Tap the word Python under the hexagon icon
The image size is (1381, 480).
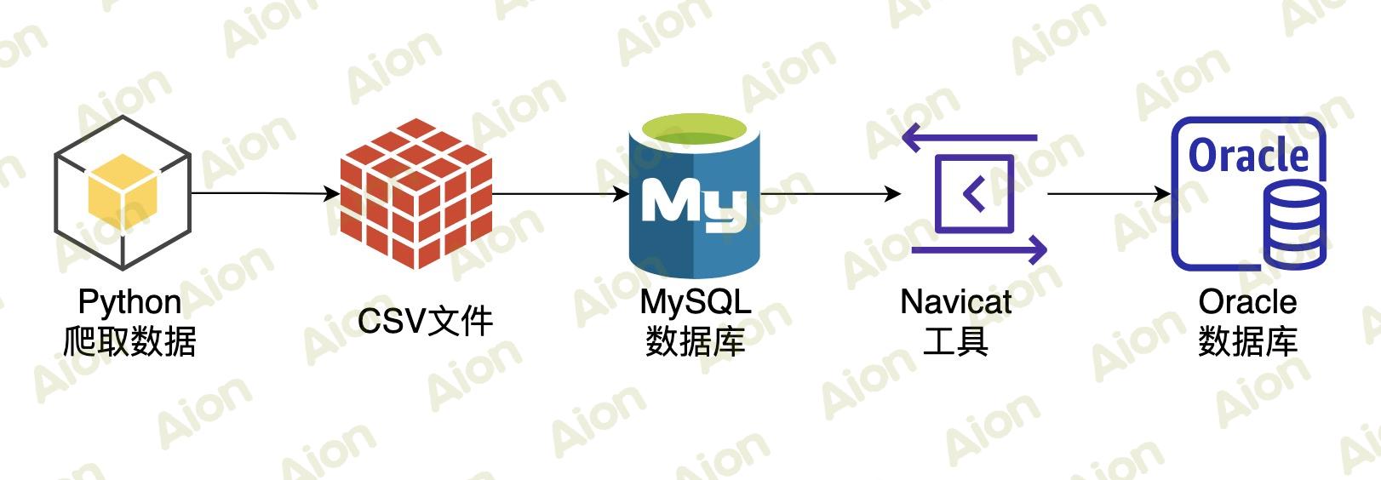pos(129,302)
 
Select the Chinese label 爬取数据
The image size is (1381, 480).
pos(129,341)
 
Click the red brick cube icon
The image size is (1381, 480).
pos(415,194)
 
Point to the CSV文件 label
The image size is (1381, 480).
pos(425,322)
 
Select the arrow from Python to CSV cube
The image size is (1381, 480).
pos(264,194)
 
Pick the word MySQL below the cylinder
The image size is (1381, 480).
pos(695,302)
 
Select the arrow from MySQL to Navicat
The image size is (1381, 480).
pos(830,194)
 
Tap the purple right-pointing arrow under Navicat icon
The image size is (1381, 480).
pos(979,250)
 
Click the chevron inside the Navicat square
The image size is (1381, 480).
pos(973,194)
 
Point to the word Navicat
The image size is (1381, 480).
pos(955,302)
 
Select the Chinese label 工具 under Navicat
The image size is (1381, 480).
pos(955,341)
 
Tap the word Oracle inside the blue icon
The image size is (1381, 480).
pos(1247,156)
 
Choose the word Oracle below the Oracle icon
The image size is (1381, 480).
pos(1247,302)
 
